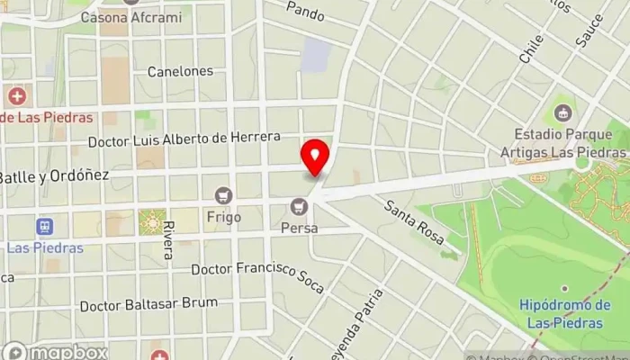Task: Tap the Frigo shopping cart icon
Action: point(223,193)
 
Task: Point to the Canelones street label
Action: point(180,71)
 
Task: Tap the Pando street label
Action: point(304,11)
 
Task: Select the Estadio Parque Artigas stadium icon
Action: point(563,112)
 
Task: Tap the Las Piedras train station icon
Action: point(42,226)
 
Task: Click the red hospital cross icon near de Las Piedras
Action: point(16,95)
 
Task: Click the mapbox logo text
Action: point(67,352)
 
